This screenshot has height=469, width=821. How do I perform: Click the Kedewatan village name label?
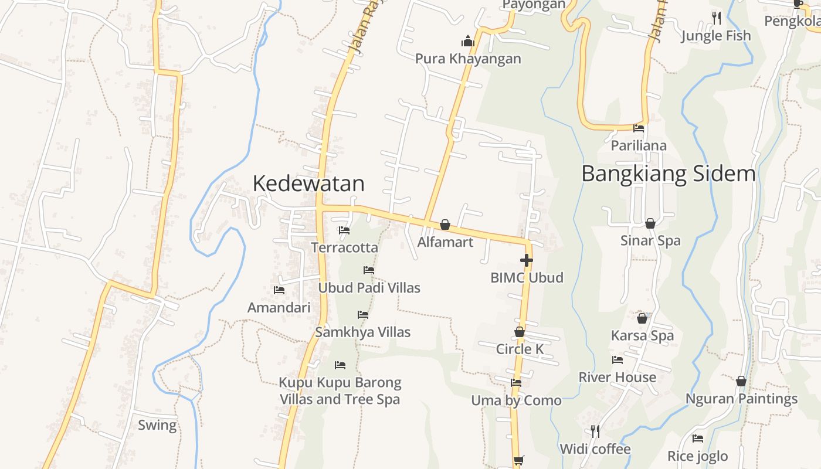pyautogui.click(x=308, y=183)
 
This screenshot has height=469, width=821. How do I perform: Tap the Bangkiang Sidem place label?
pyautogui.click(x=669, y=174)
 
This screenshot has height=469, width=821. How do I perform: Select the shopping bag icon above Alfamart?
pyautogui.click(x=445, y=225)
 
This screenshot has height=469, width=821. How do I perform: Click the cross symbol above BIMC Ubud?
pyautogui.click(x=527, y=260)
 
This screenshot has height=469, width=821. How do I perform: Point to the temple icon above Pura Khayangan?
pyautogui.click(x=467, y=41)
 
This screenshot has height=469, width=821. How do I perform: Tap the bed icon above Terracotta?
pyautogui.click(x=344, y=230)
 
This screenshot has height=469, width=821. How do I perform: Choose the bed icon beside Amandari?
pyautogui.click(x=279, y=290)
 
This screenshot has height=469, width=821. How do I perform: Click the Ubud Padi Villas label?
pyautogui.click(x=369, y=288)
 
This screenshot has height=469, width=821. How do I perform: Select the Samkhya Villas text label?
pyautogui.click(x=362, y=332)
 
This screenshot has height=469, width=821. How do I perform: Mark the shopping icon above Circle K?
pyautogui.click(x=520, y=332)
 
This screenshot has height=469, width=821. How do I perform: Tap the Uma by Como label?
pyautogui.click(x=516, y=401)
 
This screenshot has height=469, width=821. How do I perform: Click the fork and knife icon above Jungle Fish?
pyautogui.click(x=716, y=18)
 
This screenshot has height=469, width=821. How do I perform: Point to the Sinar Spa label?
pyautogui.click(x=650, y=240)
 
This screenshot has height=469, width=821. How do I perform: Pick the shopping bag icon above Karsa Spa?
pyautogui.click(x=642, y=318)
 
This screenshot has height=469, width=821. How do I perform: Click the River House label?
pyautogui.click(x=617, y=377)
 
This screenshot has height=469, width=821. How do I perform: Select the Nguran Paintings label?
pyautogui.click(x=741, y=399)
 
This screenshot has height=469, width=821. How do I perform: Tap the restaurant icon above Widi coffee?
pyautogui.click(x=595, y=431)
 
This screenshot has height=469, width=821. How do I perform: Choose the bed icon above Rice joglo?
pyautogui.click(x=697, y=438)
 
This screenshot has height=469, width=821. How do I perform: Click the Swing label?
pyautogui.click(x=157, y=425)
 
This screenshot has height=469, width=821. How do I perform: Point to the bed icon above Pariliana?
pyautogui.click(x=639, y=128)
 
